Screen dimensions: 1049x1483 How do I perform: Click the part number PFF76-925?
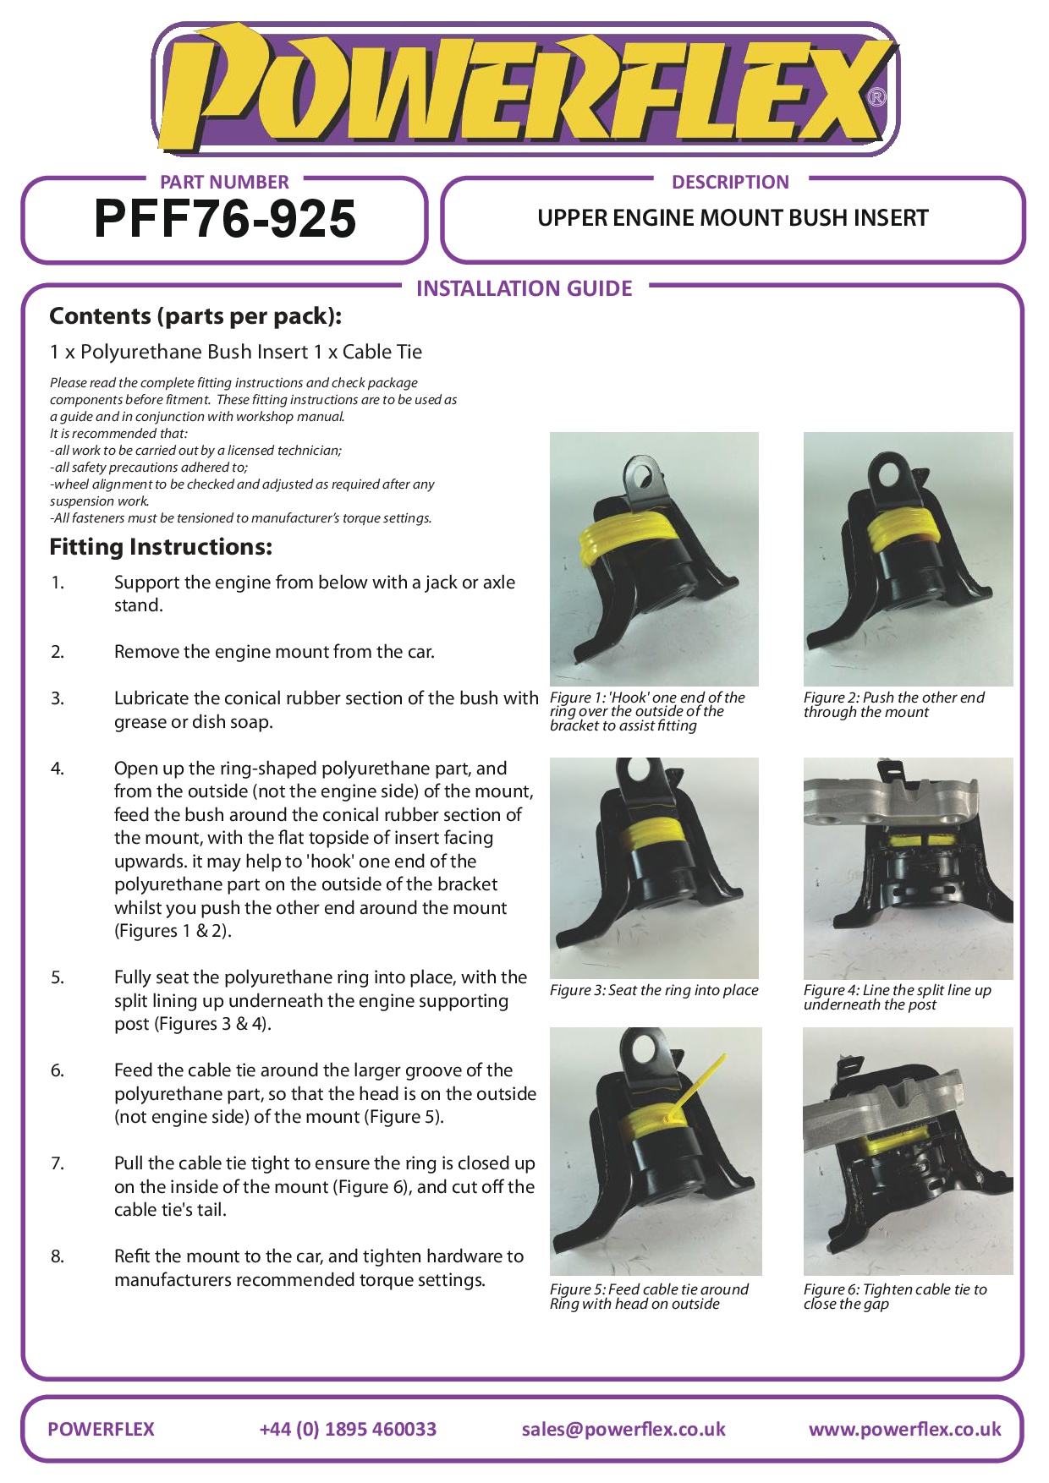(x=225, y=219)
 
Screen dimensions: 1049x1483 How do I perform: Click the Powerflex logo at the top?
(x=524, y=90)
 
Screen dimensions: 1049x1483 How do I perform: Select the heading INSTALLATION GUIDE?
(x=524, y=289)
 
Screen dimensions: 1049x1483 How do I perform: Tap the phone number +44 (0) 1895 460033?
(x=348, y=1429)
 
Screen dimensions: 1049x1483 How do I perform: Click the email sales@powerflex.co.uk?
(x=623, y=1429)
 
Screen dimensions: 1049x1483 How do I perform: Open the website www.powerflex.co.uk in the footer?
(x=904, y=1429)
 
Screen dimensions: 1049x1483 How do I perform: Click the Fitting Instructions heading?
(x=161, y=547)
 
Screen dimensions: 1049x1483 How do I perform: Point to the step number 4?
(x=57, y=769)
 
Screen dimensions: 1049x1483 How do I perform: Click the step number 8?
(x=57, y=1256)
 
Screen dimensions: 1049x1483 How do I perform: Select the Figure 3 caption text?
(x=654, y=990)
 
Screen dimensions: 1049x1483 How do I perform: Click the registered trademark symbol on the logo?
(x=877, y=97)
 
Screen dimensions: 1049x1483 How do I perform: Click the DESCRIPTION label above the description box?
(x=730, y=182)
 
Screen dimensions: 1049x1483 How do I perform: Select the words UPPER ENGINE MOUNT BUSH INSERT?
(x=733, y=218)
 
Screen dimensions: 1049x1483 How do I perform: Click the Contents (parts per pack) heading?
(x=195, y=316)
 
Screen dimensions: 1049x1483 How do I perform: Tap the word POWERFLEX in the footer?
(x=101, y=1429)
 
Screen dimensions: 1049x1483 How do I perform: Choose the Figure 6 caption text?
(x=895, y=1296)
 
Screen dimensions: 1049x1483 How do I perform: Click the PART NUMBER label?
(x=224, y=182)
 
